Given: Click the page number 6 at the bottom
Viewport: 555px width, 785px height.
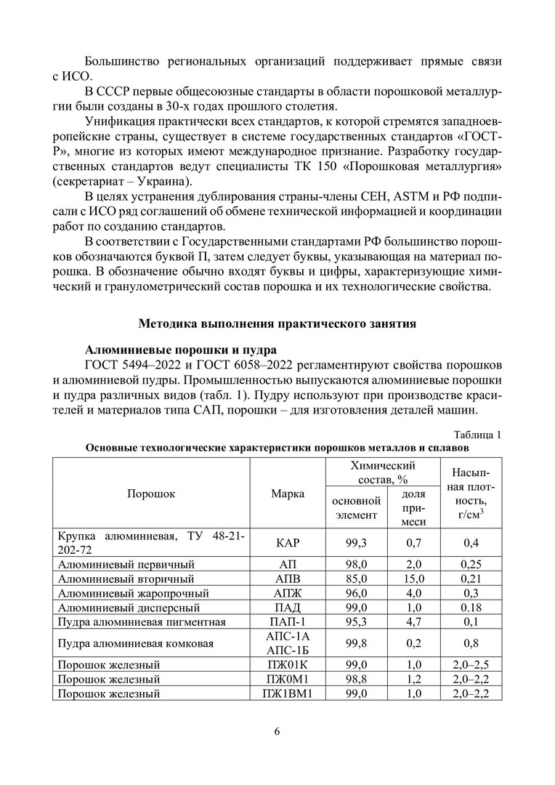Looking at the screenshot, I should coord(277,730).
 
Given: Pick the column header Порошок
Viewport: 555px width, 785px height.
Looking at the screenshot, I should coord(151,494).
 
